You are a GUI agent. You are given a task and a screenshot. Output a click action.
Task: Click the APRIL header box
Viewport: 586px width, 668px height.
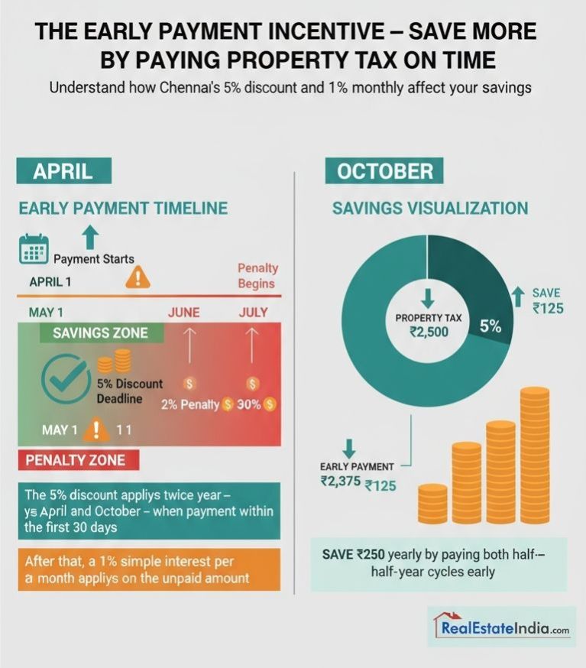63,170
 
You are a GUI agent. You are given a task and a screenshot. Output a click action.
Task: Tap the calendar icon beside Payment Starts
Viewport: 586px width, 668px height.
33,249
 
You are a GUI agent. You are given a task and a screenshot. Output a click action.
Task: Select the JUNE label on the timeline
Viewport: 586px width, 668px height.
183,313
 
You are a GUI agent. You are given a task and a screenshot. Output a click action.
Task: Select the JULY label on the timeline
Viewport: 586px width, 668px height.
253,313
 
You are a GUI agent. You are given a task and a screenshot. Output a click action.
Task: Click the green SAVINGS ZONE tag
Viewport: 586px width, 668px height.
100,334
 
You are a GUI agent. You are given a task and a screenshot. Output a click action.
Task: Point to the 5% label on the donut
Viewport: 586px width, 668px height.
490,326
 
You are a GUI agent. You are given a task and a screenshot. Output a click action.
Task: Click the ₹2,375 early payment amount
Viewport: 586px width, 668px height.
340,482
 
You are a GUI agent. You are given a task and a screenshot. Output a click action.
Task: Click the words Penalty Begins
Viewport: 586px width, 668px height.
257,276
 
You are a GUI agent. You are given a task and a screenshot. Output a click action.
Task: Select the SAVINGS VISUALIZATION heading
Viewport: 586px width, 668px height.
429,209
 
